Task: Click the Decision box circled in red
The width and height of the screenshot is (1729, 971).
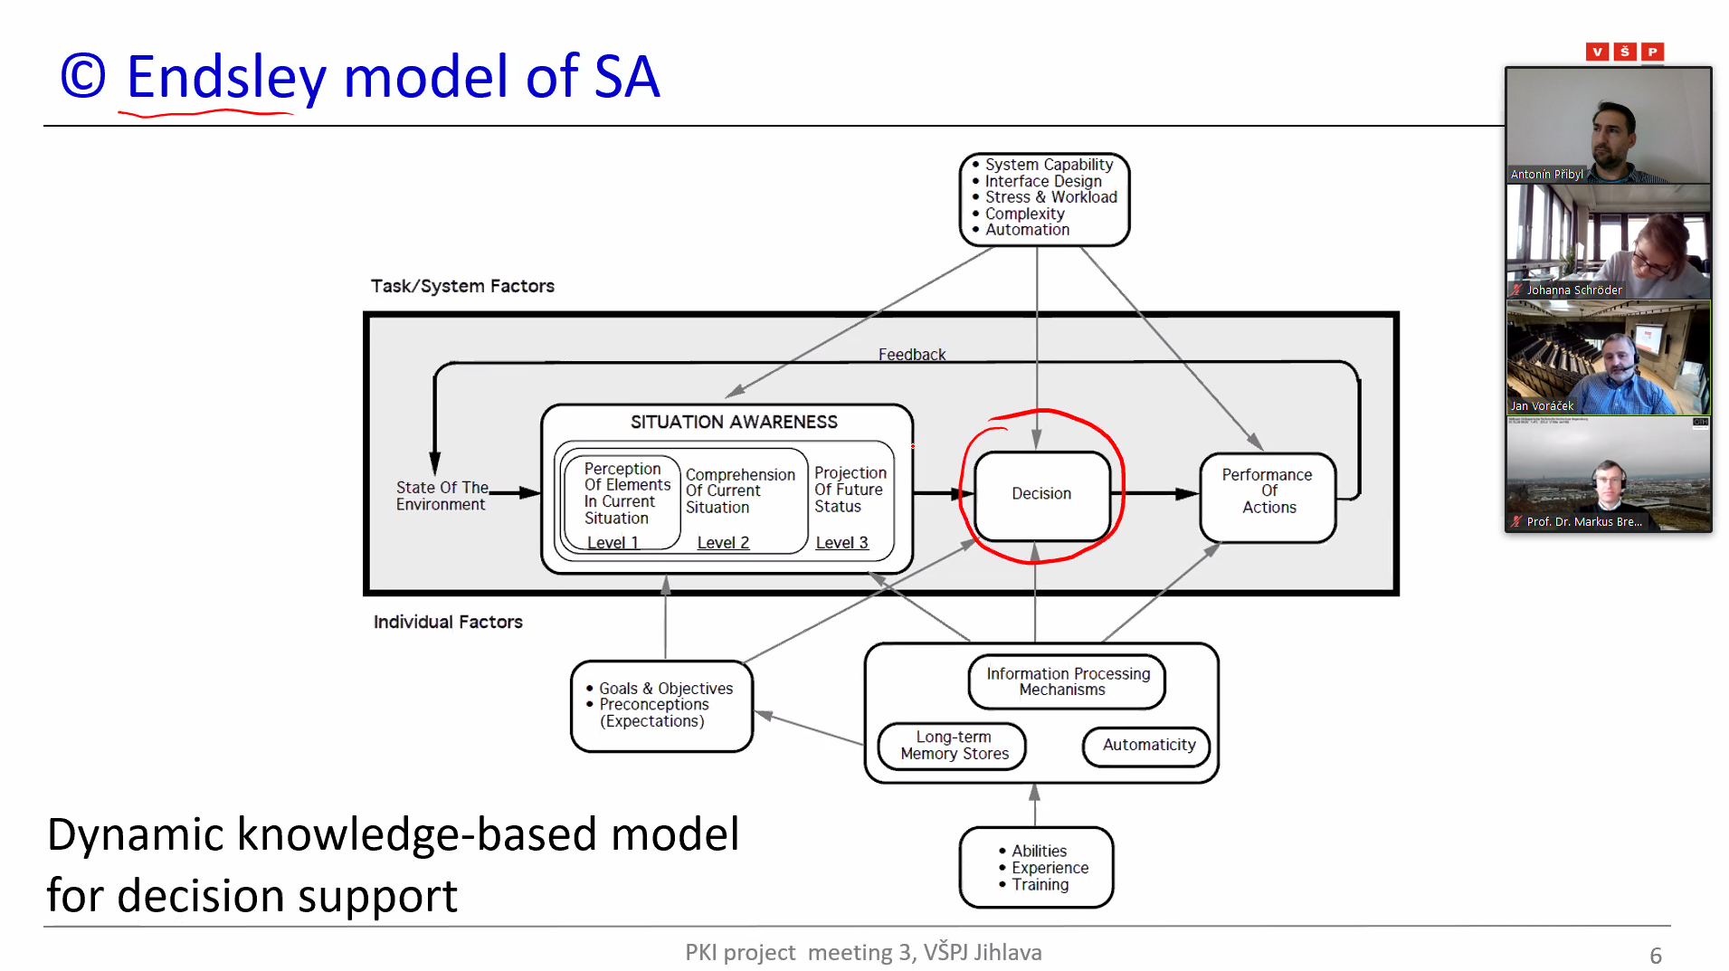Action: coord(1041,494)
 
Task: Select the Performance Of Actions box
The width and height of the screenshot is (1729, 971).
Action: coord(1268,491)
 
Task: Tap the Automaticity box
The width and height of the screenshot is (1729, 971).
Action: coord(1148,745)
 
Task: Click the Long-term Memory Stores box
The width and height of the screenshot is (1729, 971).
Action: coord(954,746)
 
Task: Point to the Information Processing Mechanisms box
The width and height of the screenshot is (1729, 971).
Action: coord(1067,681)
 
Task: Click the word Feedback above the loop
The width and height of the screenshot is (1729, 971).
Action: coord(911,355)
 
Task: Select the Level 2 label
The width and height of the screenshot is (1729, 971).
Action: coord(723,543)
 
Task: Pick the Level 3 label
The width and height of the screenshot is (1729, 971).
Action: coord(841,543)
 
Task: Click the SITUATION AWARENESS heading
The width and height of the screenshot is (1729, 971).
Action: coord(734,423)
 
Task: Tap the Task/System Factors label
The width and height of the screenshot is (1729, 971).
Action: coord(462,287)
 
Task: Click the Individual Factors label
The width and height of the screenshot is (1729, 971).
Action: coord(448,623)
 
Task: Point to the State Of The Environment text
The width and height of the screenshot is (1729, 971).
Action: coord(442,496)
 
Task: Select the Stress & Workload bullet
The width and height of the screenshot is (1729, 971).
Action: coord(1050,197)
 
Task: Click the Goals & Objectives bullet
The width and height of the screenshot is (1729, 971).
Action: coord(665,689)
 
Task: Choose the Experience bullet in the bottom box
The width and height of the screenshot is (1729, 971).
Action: coord(1050,868)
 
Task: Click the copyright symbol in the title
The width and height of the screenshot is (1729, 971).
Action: coord(83,77)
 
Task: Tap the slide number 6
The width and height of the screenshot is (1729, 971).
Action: coord(1656,956)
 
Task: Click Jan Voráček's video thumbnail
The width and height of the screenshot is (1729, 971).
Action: coord(1608,358)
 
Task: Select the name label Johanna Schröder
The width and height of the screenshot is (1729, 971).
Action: coord(1573,290)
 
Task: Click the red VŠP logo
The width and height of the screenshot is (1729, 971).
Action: coord(1624,52)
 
